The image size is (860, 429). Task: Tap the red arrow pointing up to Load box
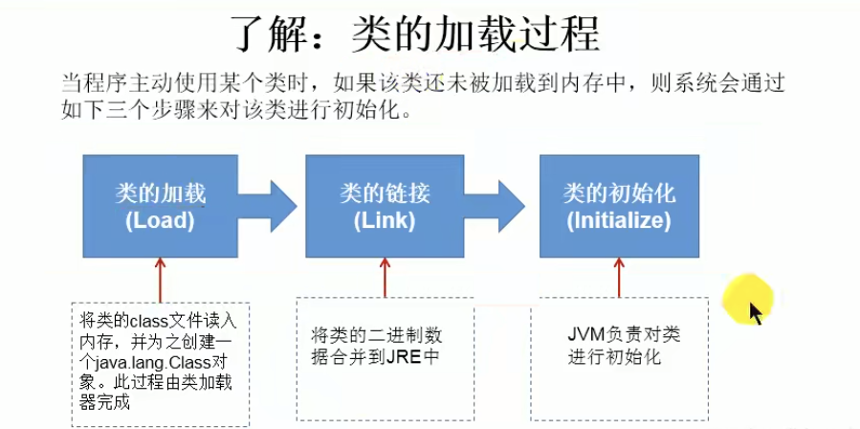click(159, 278)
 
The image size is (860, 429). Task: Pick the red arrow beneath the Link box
click(385, 278)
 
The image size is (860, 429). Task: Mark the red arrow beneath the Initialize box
click(619, 278)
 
